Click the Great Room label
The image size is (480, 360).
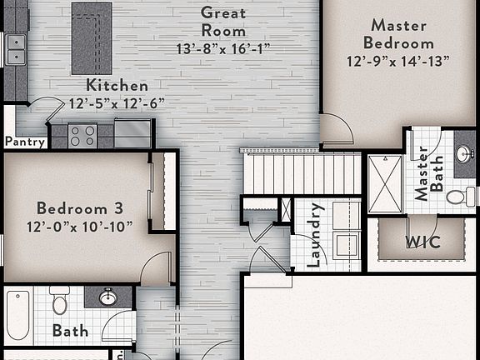click(x=223, y=22)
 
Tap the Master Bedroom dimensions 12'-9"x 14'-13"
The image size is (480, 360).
click(x=398, y=61)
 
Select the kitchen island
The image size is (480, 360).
click(x=92, y=37)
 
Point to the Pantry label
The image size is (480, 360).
click(x=25, y=142)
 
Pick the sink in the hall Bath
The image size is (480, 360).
click(x=107, y=297)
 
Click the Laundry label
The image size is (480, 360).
click(x=315, y=235)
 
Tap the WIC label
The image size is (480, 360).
click(x=422, y=242)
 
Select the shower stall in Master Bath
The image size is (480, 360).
click(x=385, y=183)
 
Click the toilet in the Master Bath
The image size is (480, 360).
click(x=459, y=197)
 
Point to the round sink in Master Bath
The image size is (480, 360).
click(x=463, y=154)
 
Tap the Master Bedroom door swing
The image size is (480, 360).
click(x=337, y=129)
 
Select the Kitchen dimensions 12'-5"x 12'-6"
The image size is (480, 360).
click(x=117, y=103)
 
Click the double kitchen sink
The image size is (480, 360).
click(x=15, y=50)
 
